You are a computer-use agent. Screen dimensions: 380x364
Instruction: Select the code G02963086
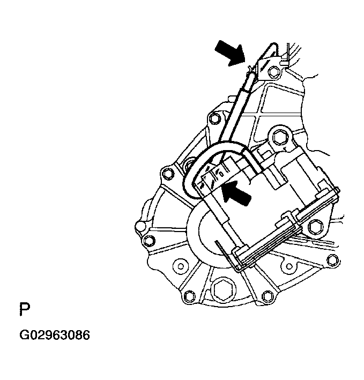tap(55, 336)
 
